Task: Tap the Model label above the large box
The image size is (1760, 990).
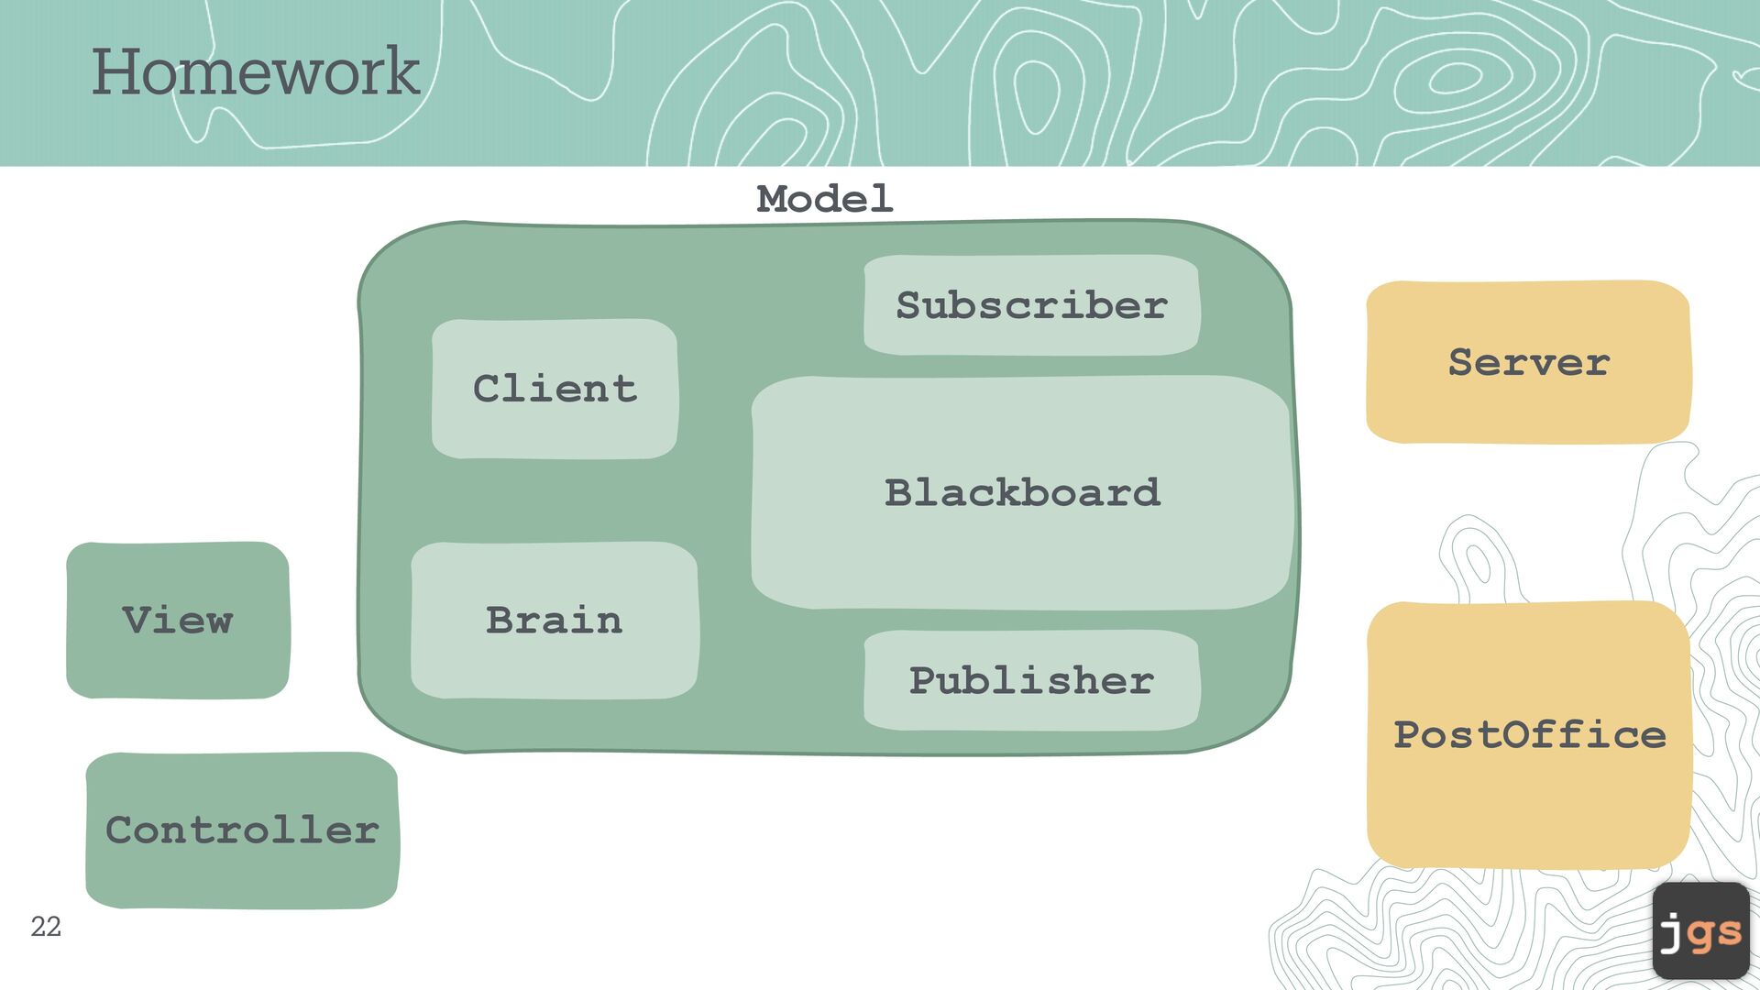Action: click(824, 199)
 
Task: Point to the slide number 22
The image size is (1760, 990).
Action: click(46, 927)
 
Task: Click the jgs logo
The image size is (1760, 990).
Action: click(1701, 930)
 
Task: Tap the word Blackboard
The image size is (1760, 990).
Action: click(1022, 493)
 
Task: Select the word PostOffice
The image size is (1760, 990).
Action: click(1529, 735)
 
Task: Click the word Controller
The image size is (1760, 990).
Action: click(242, 830)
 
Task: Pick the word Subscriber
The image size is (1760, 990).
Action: click(1031, 305)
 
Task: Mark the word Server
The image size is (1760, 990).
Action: click(1528, 363)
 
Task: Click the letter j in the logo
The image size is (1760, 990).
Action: click(1672, 933)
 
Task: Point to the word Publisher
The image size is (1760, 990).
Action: click(1031, 680)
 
